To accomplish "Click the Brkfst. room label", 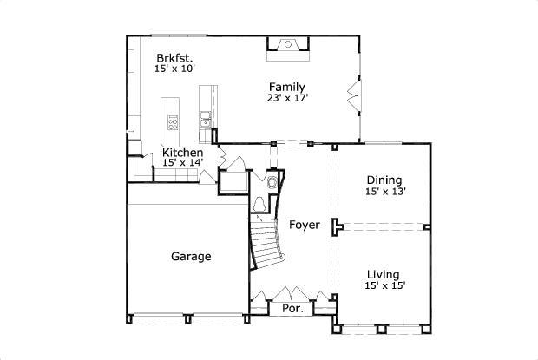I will (174, 54).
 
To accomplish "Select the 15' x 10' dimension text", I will (174, 67).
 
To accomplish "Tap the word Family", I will (286, 86).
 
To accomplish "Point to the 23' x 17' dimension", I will (288, 98).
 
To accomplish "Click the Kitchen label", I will (183, 153).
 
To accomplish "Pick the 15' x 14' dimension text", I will (182, 163).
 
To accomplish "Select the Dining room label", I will (384, 180).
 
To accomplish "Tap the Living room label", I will (383, 272).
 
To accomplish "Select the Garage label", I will (191, 256).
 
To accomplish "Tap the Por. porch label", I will (292, 308).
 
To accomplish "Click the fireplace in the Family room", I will (288, 46).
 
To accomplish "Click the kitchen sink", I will (205, 119).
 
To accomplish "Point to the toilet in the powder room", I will (259, 205).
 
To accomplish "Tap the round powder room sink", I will (272, 182).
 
